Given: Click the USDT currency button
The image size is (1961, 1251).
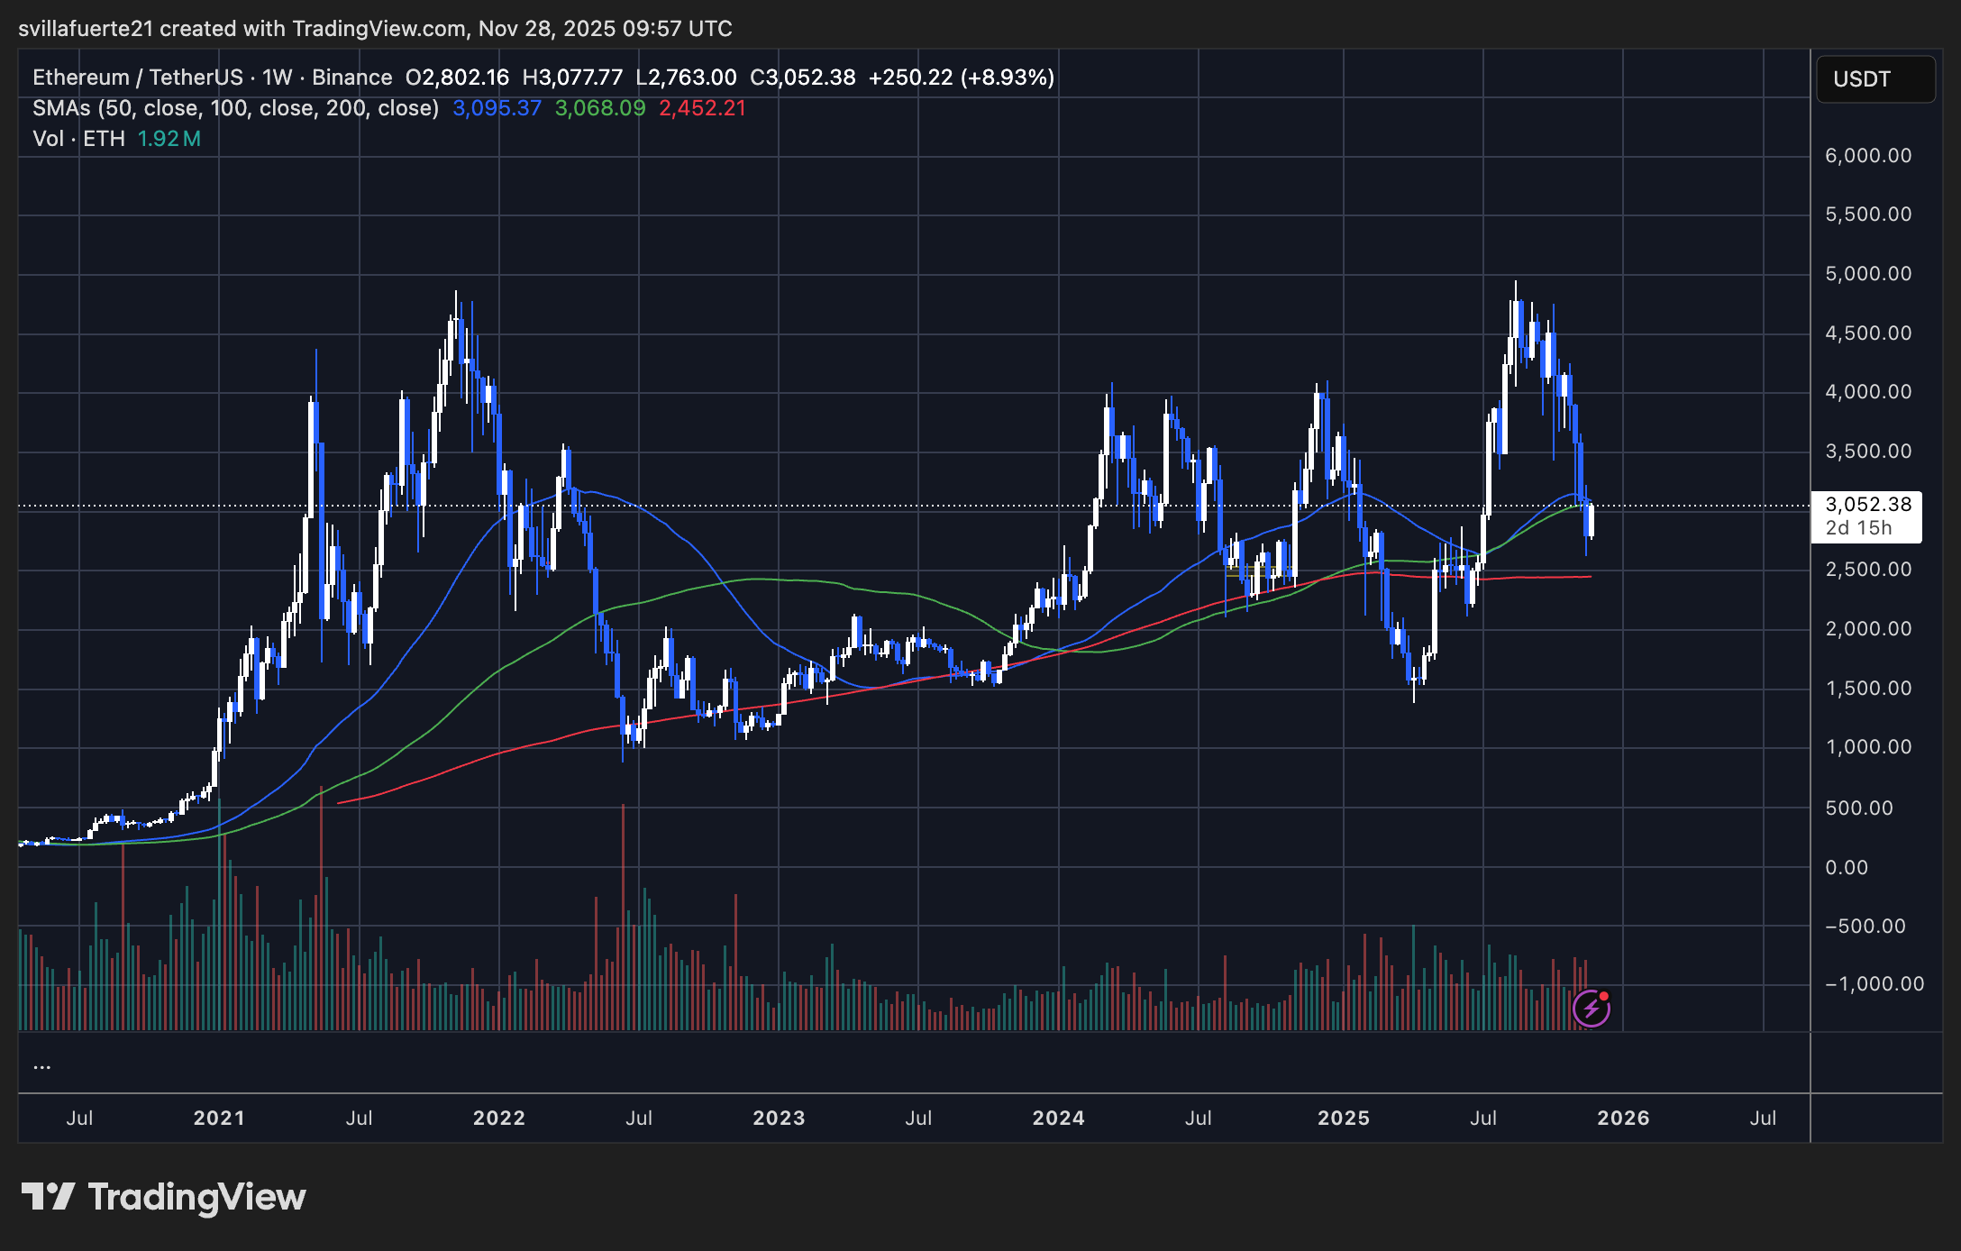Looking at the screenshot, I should coord(1874,79).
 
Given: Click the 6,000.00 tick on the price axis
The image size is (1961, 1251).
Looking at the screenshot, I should coord(1867,156).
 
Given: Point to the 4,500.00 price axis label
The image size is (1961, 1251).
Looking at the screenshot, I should coord(1867,333).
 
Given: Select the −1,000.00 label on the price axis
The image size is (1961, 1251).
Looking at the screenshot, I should coord(1874,984).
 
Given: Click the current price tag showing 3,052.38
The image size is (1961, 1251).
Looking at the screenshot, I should coord(1867,505).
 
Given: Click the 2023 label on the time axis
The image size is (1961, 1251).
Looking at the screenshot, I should coord(779,1119).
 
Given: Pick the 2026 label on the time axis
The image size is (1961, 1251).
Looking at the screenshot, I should coord(1623,1119).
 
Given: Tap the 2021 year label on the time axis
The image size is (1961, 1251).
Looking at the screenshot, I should coord(219,1119).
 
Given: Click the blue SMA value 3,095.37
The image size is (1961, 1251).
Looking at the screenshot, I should coord(497,108).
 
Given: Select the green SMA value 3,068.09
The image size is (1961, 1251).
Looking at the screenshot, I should coord(600,108).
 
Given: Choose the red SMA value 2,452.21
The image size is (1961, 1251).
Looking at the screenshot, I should coord(702,108).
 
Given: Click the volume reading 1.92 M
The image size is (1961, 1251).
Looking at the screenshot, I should coord(169,139).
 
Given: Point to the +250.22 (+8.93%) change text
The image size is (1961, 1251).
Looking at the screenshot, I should coord(961,78).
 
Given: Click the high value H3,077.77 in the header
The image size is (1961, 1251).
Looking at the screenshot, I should coord(572,78).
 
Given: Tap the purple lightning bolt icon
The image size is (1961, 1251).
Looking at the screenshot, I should coord(1592,1009).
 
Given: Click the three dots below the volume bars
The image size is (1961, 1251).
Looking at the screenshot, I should coord(41,1066).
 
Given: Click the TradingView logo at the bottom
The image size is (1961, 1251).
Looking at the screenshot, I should coord(164,1197).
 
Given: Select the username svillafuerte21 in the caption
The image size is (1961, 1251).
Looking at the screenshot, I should coord(86,29).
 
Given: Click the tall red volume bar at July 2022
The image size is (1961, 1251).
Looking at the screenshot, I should coord(623,919).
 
